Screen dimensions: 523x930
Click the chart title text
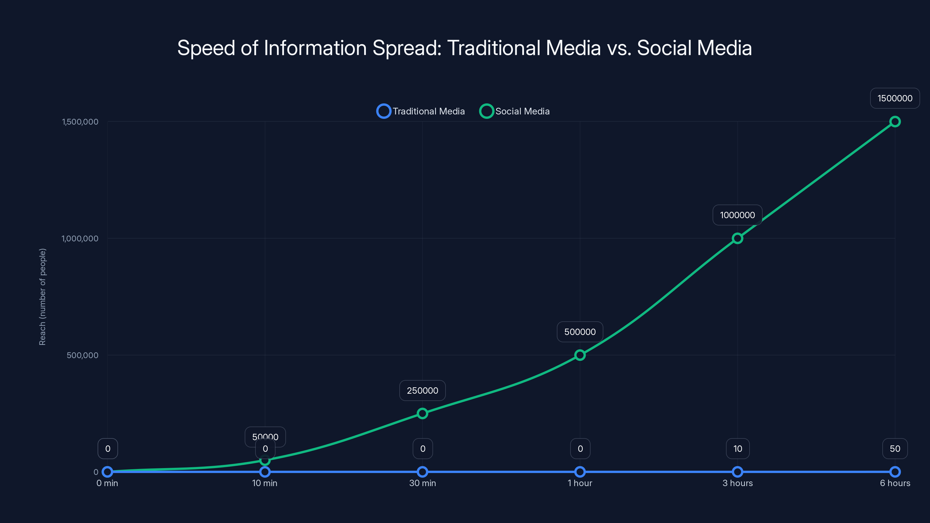click(x=465, y=48)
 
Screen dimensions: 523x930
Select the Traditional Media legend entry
click(x=421, y=111)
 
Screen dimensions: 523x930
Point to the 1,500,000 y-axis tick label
click(x=80, y=122)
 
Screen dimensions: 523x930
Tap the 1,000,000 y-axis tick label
click(x=80, y=239)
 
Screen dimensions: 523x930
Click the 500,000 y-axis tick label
click(x=82, y=355)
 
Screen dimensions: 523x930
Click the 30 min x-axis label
click(x=422, y=483)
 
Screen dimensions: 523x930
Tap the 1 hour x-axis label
click(x=580, y=483)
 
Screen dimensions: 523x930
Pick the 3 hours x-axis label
click(x=738, y=483)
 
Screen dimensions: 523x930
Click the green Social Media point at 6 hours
click(x=895, y=122)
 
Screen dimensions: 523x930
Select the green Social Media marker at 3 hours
click(x=737, y=238)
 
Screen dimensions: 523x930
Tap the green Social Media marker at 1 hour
click(x=580, y=355)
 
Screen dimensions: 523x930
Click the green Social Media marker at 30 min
click(x=422, y=413)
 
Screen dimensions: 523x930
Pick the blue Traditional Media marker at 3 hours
click(x=737, y=472)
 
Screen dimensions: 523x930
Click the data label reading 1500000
click(x=895, y=98)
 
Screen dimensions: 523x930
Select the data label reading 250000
click(x=422, y=391)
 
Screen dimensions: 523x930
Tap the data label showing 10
click(x=738, y=449)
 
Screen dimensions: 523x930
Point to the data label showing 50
click(x=895, y=449)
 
